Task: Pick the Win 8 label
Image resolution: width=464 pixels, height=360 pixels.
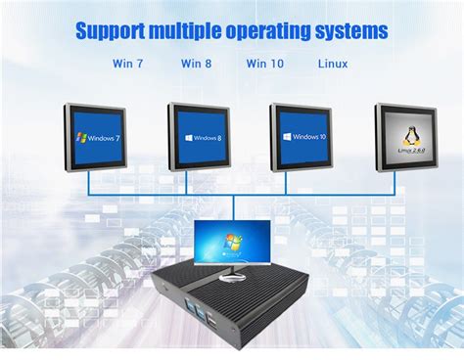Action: tap(196, 65)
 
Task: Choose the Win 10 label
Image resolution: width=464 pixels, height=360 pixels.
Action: tap(264, 65)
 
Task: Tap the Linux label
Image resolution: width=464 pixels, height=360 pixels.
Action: tap(333, 65)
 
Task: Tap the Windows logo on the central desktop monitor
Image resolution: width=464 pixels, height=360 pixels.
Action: tap(232, 241)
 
